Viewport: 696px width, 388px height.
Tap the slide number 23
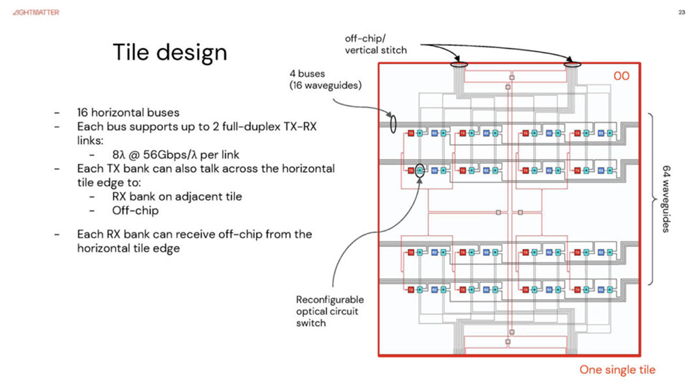[681, 12]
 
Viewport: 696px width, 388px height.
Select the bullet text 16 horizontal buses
[129, 111]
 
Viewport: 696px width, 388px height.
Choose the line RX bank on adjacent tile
[177, 196]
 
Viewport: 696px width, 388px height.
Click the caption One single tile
[617, 370]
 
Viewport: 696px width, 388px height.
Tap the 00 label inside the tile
[620, 75]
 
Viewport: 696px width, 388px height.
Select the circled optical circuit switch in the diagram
[420, 169]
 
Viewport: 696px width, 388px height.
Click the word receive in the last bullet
[182, 234]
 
